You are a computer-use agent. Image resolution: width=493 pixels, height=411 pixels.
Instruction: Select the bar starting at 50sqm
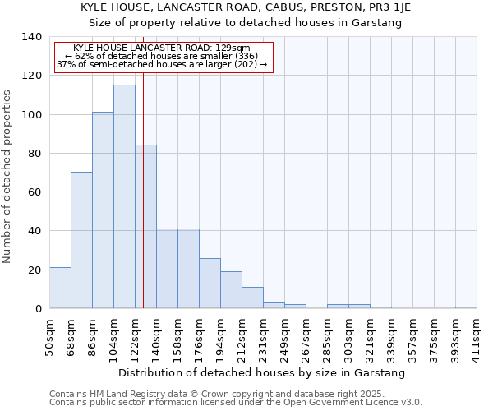(60, 288)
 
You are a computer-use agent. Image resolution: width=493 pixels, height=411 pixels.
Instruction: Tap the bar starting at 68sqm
(81, 240)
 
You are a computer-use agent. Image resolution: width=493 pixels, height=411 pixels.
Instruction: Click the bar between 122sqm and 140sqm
(146, 227)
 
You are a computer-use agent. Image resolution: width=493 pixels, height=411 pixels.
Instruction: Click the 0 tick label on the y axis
(38, 309)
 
